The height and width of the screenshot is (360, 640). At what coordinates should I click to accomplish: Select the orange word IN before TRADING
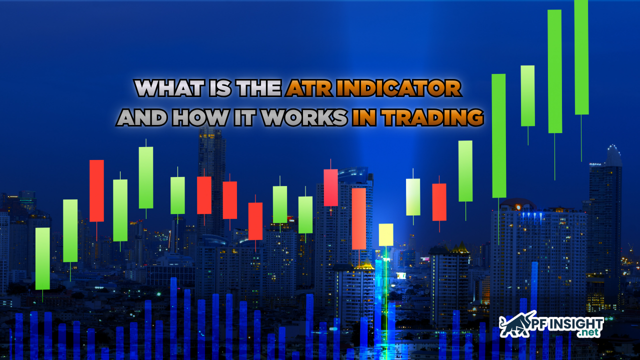pos(363,117)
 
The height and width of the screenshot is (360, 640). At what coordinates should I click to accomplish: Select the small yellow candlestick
pos(386,234)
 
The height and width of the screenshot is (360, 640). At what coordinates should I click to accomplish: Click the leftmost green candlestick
pos(42,258)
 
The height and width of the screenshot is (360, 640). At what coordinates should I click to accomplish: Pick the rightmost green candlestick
pos(581,57)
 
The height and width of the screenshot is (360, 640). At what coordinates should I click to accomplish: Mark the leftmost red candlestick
pos(96,190)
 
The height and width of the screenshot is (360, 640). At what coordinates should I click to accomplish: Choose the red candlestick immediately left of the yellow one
pos(358,218)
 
